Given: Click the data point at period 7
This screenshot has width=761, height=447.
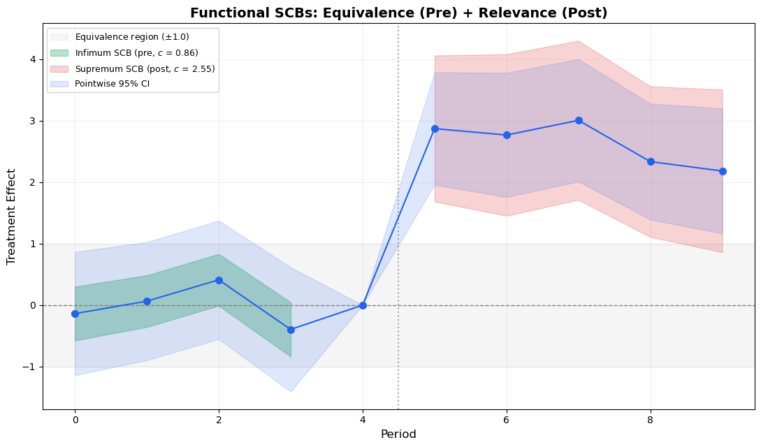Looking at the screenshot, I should point(579,121).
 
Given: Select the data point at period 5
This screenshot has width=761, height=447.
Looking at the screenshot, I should point(435,129).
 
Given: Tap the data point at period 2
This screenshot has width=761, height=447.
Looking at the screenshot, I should point(219,280).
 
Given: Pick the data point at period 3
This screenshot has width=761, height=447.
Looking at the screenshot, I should point(291,330).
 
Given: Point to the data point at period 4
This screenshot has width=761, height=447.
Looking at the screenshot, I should point(363,305).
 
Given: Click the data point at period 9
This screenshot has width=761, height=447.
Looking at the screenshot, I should point(723,171).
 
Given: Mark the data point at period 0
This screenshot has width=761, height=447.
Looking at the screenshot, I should point(75,314).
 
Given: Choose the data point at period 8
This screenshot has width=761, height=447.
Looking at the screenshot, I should point(651,162).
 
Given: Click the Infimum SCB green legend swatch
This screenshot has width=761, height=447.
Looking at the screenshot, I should point(59,53).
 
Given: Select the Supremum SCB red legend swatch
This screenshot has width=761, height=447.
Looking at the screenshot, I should point(59,69).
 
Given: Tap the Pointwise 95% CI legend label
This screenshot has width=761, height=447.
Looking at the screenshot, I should point(112,85).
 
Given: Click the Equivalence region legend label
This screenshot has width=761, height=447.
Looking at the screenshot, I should point(132,37).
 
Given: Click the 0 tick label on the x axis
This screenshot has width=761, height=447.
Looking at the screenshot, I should point(75,420).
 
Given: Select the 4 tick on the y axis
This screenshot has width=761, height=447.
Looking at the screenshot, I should point(32,59).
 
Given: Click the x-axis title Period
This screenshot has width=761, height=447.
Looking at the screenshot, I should point(398,434).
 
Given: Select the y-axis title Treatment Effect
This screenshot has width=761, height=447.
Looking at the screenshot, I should point(11,217).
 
